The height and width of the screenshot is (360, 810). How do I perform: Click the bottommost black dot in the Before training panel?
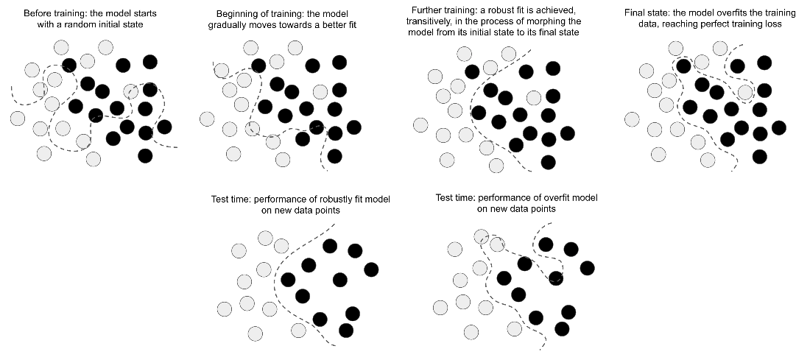145,155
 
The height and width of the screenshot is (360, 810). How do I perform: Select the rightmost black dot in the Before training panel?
163,127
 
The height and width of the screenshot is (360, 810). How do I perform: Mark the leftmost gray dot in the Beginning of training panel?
206,119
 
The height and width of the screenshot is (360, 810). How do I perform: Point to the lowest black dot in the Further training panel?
547,161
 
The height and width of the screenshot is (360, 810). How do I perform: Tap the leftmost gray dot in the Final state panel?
631,119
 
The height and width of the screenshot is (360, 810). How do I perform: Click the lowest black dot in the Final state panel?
759,155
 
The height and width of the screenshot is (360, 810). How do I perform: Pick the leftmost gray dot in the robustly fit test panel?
225,308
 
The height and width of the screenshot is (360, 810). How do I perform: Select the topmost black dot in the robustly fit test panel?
329,246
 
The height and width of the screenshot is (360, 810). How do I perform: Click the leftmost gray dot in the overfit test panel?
440,307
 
